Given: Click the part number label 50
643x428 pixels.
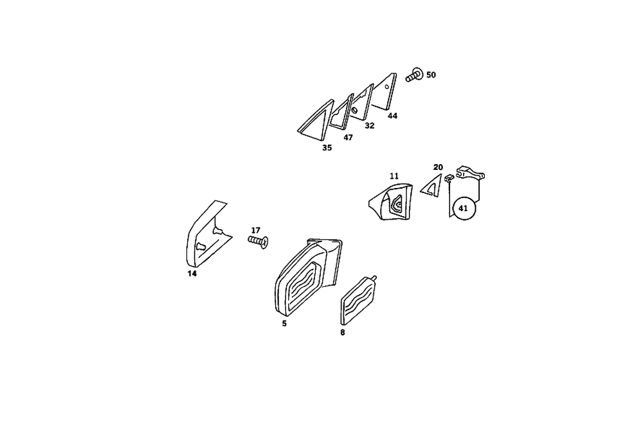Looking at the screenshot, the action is coord(431,75).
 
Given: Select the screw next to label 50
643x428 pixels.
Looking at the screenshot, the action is coord(415,75).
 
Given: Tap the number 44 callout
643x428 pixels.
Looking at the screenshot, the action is coord(392,116).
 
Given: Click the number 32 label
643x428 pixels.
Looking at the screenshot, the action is coord(369,126).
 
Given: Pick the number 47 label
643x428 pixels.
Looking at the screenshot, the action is coord(348,137).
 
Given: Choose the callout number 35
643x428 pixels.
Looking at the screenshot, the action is coord(327,147).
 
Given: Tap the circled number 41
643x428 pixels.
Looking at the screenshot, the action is coord(463,208).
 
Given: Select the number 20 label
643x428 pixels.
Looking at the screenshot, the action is coord(438,167).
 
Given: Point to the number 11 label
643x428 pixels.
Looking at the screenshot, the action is coord(394,175).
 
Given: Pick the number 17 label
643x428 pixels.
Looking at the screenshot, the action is coord(255,230).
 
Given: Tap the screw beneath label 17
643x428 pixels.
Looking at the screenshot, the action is coord(257,241).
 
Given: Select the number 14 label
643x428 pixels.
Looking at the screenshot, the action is coord(192,274).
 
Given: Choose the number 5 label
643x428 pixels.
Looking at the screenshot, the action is coord(284,323).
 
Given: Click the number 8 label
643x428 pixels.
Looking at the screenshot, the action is coord(343,332).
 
